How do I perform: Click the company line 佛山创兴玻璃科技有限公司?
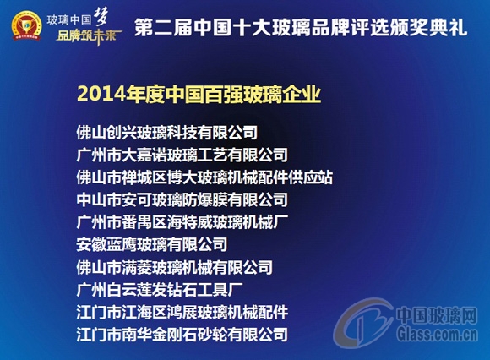click(x=166, y=132)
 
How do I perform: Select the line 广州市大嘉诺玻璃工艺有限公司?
click(x=182, y=155)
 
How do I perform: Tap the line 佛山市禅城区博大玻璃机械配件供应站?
click(x=204, y=177)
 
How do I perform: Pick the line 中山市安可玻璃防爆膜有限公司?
click(x=182, y=200)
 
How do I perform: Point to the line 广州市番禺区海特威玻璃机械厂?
click(x=182, y=222)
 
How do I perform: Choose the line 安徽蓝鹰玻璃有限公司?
click(x=151, y=245)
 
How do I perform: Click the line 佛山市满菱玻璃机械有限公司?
click(x=174, y=267)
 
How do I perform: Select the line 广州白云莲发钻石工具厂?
click(x=159, y=290)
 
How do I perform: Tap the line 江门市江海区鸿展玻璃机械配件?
click(x=182, y=312)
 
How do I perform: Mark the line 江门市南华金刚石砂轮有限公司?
click(x=182, y=334)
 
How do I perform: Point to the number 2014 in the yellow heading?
click(x=95, y=94)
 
